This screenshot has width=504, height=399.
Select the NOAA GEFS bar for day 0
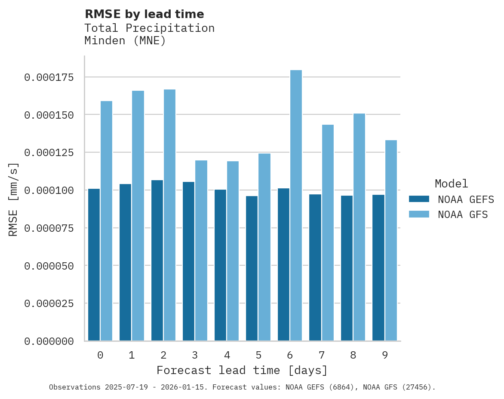tap(94, 265)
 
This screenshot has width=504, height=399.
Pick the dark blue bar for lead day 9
tap(378, 268)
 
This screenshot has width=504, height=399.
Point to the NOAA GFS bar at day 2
tap(169, 215)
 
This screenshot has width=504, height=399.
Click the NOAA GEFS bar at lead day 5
tap(252, 269)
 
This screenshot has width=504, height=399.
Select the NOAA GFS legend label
tap(463, 215)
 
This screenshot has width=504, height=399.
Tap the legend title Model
tap(451, 184)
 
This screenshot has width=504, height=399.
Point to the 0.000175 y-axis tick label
tap(49, 77)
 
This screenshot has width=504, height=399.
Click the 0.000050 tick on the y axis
tap(49, 266)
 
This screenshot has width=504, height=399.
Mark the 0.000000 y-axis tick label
tap(49, 341)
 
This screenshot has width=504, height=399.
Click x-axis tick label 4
tap(227, 355)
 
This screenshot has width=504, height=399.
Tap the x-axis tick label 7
tap(322, 355)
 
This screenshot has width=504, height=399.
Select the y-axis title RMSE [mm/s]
tap(14, 199)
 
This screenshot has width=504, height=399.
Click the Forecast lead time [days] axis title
tap(242, 370)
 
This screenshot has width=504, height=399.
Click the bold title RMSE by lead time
tap(144, 14)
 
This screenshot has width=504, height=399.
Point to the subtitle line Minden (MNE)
tap(125, 41)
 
